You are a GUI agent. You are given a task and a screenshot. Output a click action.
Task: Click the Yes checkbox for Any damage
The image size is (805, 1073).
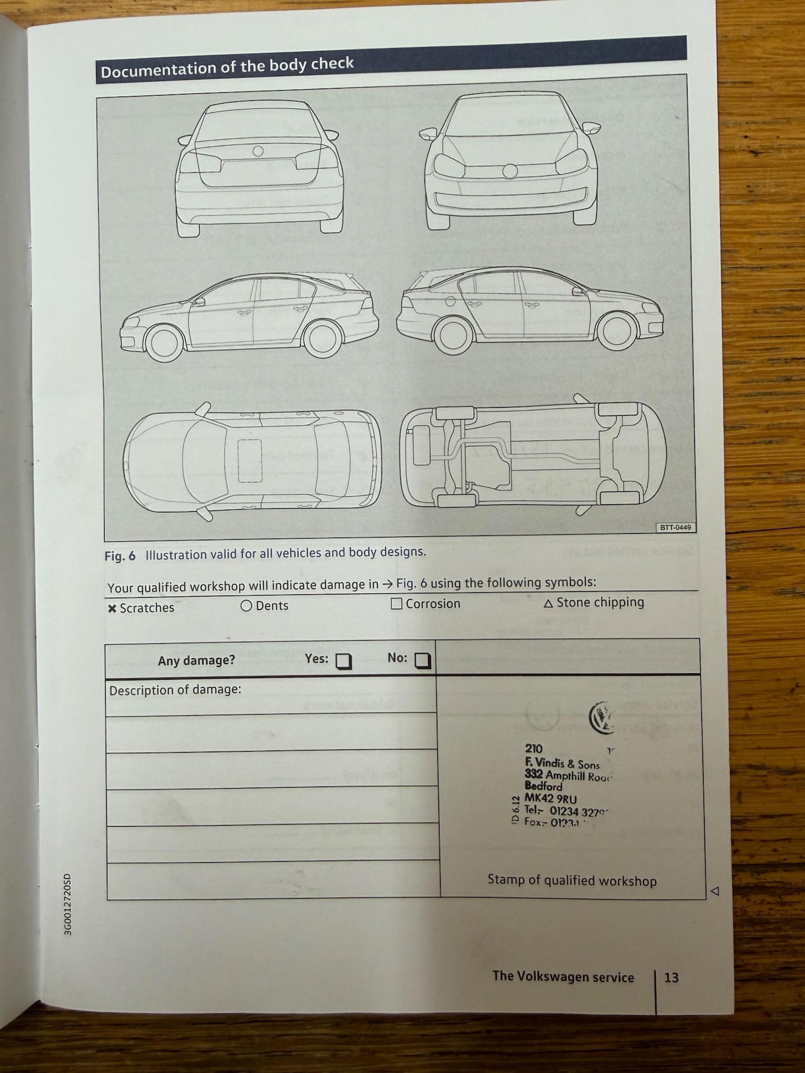tap(343, 661)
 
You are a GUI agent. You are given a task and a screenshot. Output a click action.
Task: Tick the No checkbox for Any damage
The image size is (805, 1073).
tap(423, 660)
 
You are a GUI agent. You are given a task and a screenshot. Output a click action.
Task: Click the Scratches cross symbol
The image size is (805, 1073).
tap(112, 609)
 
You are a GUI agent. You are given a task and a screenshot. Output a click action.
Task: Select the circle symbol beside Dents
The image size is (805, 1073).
tap(246, 606)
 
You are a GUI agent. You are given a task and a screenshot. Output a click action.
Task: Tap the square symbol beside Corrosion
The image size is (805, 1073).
tap(397, 604)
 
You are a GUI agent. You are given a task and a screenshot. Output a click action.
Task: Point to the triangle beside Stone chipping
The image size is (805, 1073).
tap(548, 604)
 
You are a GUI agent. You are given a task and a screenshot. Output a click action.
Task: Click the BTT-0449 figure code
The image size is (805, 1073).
tap(675, 527)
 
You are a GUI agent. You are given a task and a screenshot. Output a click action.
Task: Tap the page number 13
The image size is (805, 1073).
tap(671, 978)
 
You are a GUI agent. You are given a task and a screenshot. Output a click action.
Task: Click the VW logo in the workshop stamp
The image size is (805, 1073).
tap(602, 718)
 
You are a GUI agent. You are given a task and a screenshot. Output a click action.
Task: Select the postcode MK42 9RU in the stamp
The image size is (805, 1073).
tap(551, 799)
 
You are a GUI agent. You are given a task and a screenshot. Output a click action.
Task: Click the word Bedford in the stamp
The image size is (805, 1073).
tap(543, 787)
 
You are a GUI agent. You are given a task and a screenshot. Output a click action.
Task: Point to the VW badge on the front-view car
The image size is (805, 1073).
tap(510, 171)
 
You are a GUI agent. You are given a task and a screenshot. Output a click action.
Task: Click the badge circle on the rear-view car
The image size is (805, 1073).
tap(258, 151)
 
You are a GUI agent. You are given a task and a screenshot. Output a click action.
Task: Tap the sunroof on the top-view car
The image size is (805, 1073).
tap(250, 460)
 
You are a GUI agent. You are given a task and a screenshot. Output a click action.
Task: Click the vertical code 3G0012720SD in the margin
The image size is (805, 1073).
tap(68, 905)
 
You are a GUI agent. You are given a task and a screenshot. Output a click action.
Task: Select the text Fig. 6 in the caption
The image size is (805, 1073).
tap(120, 556)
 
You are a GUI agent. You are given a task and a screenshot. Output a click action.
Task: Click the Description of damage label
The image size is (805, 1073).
tap(175, 690)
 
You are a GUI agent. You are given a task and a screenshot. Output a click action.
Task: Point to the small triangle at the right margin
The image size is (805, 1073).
tap(715, 891)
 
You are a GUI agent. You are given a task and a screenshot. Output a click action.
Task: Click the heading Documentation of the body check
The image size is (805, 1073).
tap(227, 67)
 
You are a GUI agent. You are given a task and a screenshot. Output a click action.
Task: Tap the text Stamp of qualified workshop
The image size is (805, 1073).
tap(572, 880)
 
